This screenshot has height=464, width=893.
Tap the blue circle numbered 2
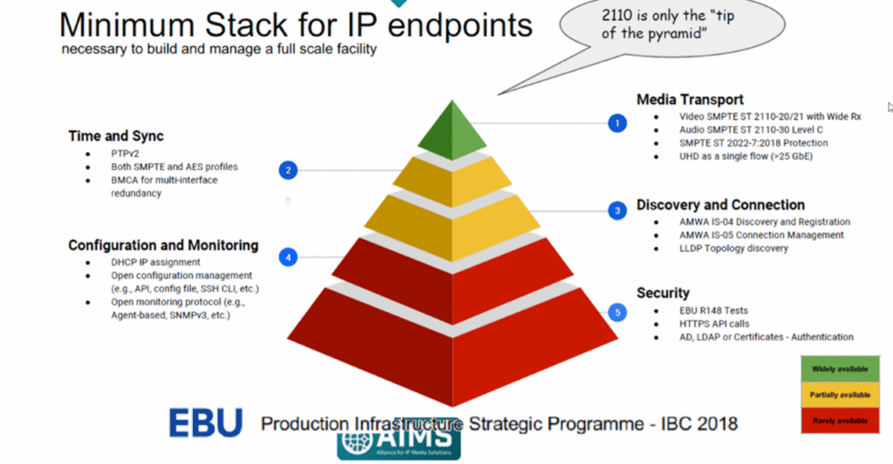point(290,170)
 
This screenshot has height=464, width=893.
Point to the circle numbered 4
point(290,256)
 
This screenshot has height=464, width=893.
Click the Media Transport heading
point(690,99)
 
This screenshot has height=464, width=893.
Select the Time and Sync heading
point(116,136)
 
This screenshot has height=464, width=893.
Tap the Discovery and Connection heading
point(720,205)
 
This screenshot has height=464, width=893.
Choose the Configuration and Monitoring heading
point(163,245)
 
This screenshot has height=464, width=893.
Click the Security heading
point(663,293)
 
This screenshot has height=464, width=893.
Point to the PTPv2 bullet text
point(126,154)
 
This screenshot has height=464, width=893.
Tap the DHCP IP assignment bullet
point(155,263)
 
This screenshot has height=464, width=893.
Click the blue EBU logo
point(206,423)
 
